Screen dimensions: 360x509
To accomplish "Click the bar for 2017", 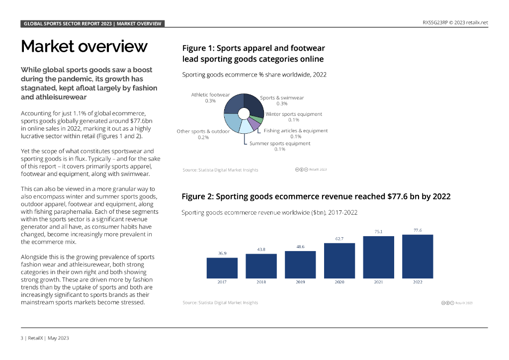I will (x=222, y=268).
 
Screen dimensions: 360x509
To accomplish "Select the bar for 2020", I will (x=339, y=260).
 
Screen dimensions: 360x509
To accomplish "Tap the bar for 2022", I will (x=418, y=256).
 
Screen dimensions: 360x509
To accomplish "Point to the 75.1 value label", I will (x=379, y=231).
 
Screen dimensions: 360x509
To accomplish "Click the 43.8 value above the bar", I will (x=261, y=249).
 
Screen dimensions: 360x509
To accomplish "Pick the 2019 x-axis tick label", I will (x=300, y=282).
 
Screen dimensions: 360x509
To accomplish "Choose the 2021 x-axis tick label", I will (x=379, y=282).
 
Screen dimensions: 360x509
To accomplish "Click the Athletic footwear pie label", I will (x=210, y=94).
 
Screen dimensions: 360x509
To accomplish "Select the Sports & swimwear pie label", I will (x=282, y=97).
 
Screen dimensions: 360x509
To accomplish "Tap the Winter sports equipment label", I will (x=293, y=114).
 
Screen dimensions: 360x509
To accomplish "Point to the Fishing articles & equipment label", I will (x=296, y=131).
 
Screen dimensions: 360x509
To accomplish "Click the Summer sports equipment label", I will (x=280, y=143).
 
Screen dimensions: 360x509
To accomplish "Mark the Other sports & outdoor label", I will (x=203, y=131).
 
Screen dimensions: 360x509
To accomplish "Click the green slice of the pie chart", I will (x=258, y=119).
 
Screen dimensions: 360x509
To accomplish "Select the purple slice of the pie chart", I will (x=254, y=125).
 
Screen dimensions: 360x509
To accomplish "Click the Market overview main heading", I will (x=84, y=46).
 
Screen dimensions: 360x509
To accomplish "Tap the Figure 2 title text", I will (x=316, y=196).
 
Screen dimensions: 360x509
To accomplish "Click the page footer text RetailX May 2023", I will (x=45, y=338).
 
